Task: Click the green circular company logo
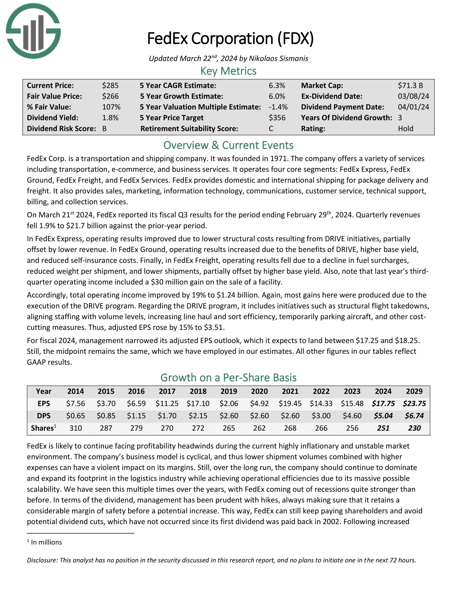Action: tap(33, 31)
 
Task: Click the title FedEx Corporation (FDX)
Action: tap(230, 38)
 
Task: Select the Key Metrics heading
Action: tap(228, 71)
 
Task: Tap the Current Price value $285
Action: tap(110, 85)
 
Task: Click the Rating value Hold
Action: tap(405, 128)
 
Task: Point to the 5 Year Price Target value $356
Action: tap(277, 118)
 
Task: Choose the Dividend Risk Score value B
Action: tap(104, 128)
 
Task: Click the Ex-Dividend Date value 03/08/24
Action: tap(413, 96)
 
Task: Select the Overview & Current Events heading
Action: tap(228, 145)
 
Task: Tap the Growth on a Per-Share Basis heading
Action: tap(228, 377)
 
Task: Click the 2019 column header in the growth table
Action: tap(228, 391)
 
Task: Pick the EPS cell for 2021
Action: tap(290, 403)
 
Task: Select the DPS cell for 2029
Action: tap(414, 416)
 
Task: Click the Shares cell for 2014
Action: tap(76, 428)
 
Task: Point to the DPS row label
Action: tap(44, 416)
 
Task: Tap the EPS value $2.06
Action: tap(228, 403)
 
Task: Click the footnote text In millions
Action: tap(46, 542)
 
